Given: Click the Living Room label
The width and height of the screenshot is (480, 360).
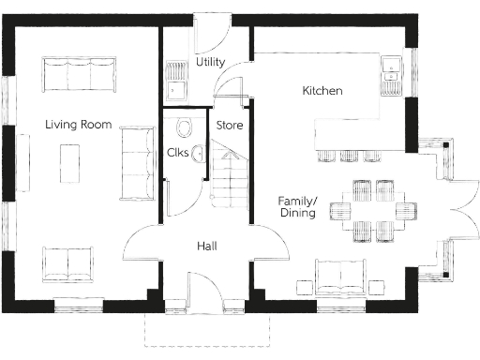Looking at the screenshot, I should [79, 125].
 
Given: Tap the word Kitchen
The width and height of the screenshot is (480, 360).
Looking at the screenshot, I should [322, 91].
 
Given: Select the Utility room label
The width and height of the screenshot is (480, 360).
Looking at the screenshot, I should [210, 62].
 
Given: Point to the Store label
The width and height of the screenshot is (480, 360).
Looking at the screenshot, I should [230, 125].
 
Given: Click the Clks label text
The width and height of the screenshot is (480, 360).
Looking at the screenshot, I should [179, 152].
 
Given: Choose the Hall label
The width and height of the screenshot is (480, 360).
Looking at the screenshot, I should [208, 246].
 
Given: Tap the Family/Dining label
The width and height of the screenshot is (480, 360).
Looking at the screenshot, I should [296, 207].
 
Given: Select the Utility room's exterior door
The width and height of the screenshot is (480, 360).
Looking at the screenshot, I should [208, 28].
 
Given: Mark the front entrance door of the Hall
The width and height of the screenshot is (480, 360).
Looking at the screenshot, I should [208, 286].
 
